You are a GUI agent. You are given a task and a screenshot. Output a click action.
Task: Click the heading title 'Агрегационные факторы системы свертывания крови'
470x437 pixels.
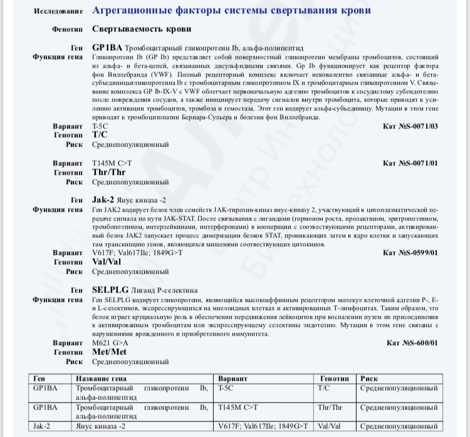tap(231, 11)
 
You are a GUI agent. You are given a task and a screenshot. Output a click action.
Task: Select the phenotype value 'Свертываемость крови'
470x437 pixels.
tap(142, 29)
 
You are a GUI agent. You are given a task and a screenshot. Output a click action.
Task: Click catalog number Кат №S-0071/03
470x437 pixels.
tap(411, 126)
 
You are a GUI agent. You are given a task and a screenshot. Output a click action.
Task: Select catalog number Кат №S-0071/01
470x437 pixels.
tap(411, 163)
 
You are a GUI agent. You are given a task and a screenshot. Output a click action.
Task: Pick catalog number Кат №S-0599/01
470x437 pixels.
tap(411, 253)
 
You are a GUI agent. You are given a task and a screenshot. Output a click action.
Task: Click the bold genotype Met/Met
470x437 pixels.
tap(108, 352)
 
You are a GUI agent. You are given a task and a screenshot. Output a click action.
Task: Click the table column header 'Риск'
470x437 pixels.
tap(370, 379)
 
